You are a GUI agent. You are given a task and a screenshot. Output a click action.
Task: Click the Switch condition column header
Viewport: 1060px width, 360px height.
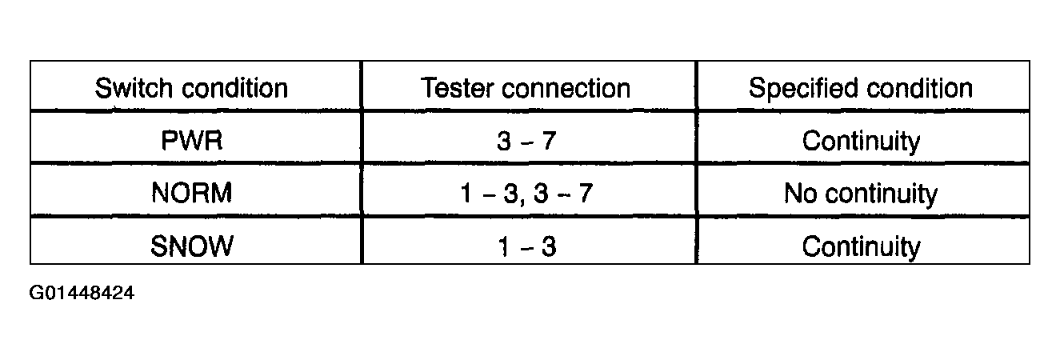[191, 88]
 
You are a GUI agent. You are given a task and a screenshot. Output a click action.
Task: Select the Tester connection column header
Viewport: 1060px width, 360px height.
[526, 88]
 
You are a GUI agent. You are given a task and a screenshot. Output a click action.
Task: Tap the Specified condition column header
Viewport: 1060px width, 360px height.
[861, 88]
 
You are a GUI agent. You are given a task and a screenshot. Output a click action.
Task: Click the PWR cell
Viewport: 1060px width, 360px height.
[192, 141]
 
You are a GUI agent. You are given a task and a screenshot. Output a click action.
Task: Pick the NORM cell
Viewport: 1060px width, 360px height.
[192, 193]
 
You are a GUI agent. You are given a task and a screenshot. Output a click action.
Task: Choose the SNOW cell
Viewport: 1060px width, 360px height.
[192, 246]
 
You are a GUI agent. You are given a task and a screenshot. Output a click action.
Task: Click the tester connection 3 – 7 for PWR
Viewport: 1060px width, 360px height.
[526, 141]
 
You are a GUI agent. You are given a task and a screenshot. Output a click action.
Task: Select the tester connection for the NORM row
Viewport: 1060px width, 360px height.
[526, 194]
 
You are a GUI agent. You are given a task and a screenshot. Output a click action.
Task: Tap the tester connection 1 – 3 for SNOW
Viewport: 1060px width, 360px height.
[527, 246]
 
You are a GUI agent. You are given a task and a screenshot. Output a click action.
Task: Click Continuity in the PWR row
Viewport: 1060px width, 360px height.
[862, 141]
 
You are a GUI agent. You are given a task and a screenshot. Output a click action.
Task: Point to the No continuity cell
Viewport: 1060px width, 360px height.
[861, 194]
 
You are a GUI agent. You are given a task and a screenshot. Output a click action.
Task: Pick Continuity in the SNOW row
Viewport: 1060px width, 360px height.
[862, 246]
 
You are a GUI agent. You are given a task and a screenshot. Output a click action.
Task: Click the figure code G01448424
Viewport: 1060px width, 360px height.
[82, 293]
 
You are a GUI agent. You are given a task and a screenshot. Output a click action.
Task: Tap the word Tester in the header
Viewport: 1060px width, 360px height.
[457, 88]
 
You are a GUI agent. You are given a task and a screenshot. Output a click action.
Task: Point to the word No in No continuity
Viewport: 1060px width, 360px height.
[801, 193]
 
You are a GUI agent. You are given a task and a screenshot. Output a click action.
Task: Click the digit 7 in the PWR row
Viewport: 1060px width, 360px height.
[549, 141]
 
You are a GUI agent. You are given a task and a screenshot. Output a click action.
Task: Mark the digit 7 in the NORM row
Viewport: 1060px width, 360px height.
[586, 194]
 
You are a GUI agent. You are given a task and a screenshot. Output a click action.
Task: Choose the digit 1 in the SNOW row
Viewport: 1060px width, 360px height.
[504, 246]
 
